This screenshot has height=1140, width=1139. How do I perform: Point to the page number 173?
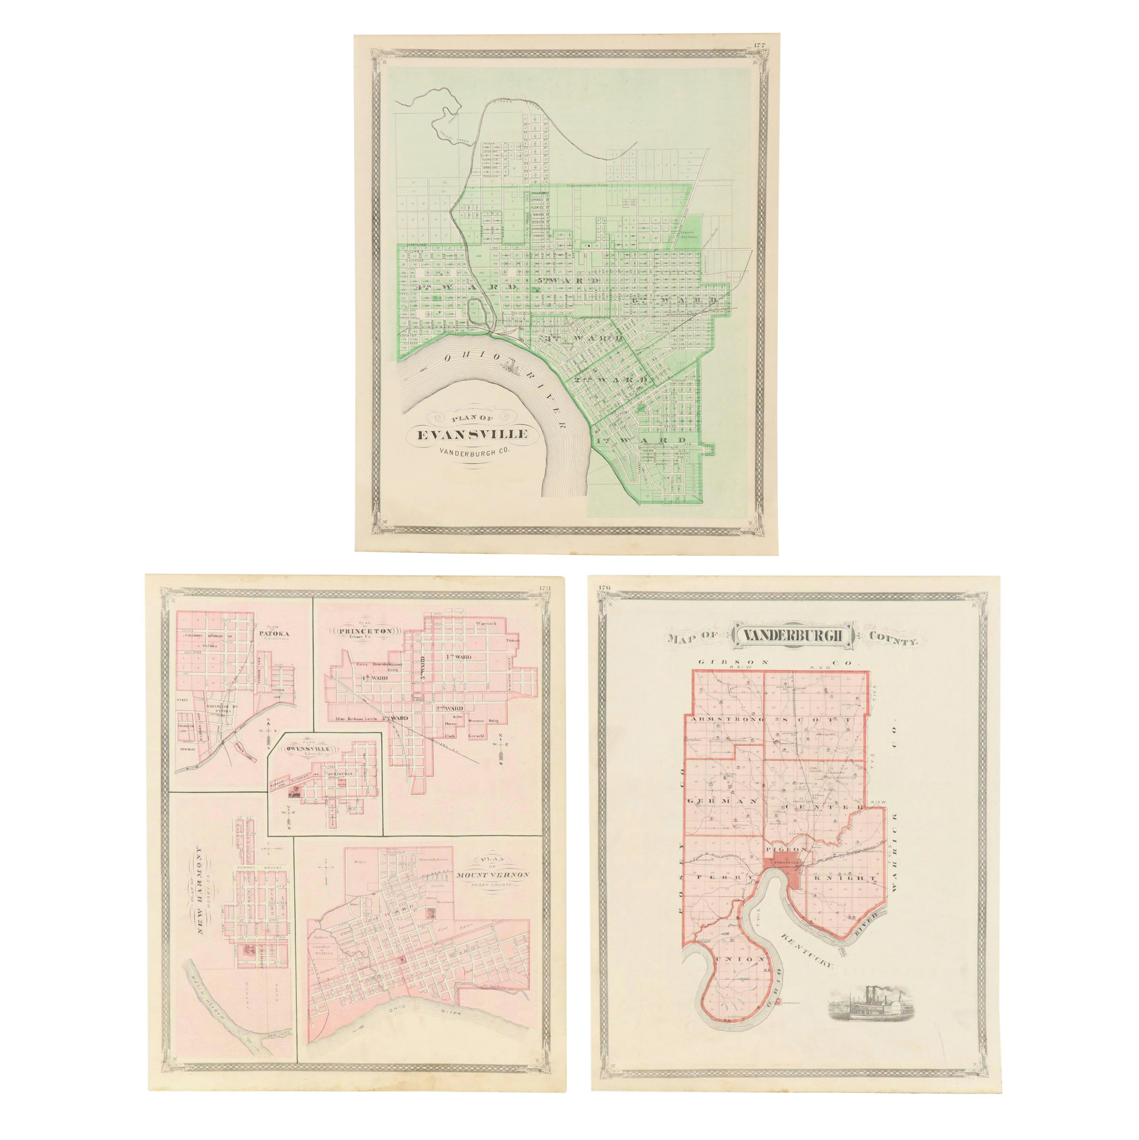click(x=543, y=588)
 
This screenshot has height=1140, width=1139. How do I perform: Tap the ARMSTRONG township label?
click(x=724, y=719)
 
